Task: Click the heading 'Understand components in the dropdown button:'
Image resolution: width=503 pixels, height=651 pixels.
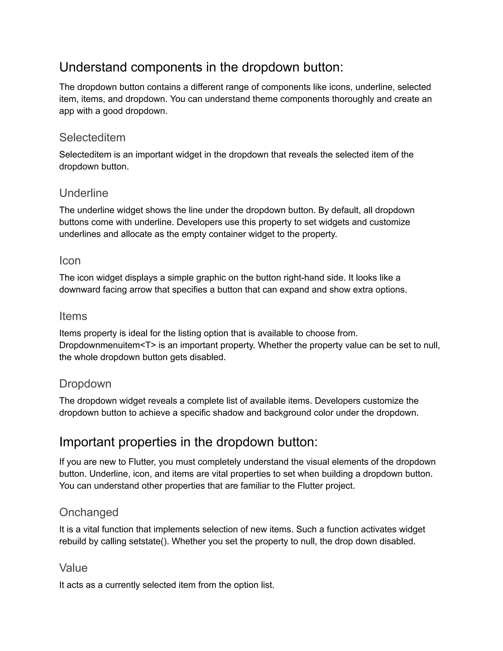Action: tap(201, 67)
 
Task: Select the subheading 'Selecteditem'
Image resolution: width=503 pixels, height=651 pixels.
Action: tap(92, 137)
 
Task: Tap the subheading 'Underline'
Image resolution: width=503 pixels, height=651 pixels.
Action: tap(84, 193)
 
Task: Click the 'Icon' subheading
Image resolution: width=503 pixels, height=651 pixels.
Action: tap(70, 260)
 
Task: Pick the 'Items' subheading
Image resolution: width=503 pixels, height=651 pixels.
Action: tap(73, 316)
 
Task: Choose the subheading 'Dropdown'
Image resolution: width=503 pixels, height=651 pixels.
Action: tap(85, 384)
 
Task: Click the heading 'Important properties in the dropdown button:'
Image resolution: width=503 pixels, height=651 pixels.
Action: tap(188, 442)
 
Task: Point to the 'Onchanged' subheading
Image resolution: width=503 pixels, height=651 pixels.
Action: tap(89, 512)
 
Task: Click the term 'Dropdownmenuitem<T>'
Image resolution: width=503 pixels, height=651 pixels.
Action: tap(108, 345)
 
